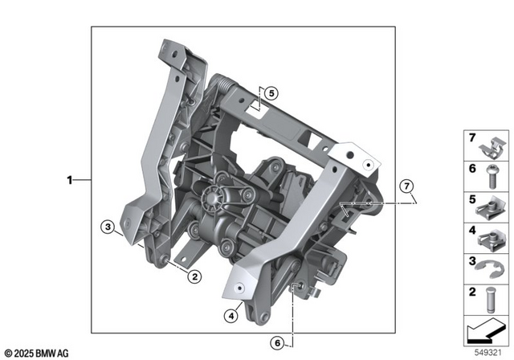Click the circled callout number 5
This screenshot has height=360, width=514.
(x=271, y=93)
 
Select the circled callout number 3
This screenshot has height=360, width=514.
(x=106, y=227)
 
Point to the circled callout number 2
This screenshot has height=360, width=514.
(x=193, y=276)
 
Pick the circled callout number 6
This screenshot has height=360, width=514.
(x=278, y=343)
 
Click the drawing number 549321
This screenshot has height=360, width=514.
(x=489, y=351)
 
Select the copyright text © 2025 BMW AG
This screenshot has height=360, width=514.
(x=37, y=353)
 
